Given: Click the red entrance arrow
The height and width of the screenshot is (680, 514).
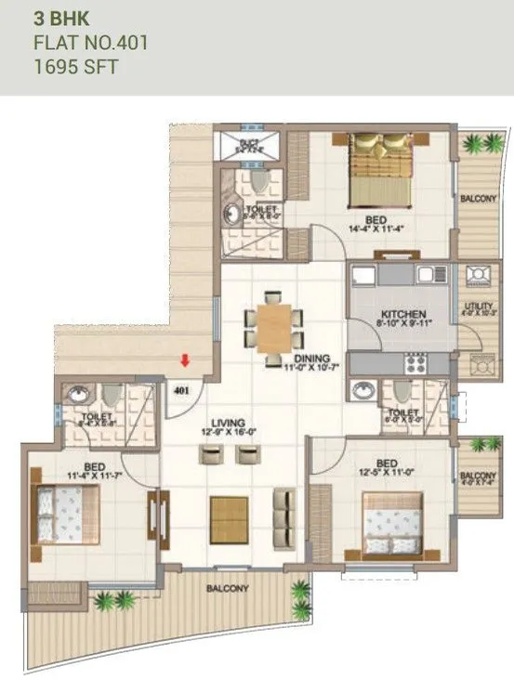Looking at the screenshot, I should coord(186,360).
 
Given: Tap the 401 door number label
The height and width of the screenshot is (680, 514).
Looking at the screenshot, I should coord(182,390).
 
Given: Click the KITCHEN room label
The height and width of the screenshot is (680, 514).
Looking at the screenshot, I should coord(402,315).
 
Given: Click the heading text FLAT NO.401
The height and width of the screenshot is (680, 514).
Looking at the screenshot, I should coord(90,42).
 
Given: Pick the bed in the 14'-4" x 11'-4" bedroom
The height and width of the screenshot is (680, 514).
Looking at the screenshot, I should coord(379,168).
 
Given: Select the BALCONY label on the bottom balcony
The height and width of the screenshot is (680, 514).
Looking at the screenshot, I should coord(221,588).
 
